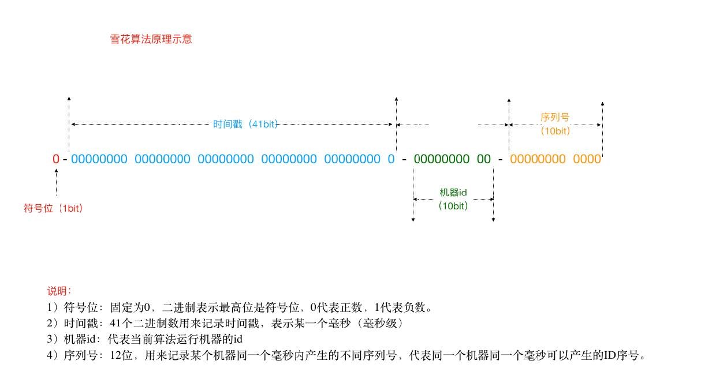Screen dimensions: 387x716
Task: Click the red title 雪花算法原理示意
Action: [151, 40]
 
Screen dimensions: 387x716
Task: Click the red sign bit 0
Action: [55, 159]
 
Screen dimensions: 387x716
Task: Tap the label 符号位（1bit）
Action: [53, 208]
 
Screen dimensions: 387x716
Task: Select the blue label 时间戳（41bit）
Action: [245, 125]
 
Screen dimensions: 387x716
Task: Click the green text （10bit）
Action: [453, 206]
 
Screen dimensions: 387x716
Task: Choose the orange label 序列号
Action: [555, 118]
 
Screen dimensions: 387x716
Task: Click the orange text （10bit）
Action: [555, 131]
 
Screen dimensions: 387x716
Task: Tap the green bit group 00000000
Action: [442, 159]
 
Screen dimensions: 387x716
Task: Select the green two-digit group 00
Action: [484, 159]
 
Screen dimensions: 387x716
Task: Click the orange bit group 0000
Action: [587, 159]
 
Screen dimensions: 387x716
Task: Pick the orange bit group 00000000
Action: [538, 159]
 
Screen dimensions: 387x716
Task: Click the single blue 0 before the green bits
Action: [391, 159]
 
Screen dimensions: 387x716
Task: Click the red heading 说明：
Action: [59, 291]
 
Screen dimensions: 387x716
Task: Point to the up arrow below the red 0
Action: [56, 185]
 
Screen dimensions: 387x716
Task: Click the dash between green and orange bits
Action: [500, 159]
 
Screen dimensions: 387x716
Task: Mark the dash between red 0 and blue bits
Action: [65, 159]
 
